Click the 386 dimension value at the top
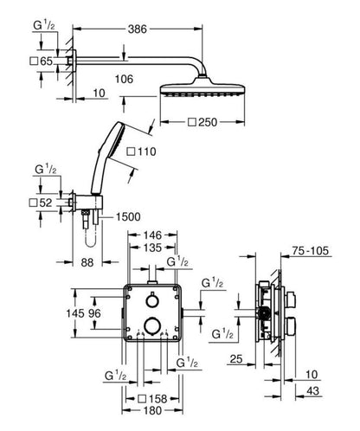click(138, 29)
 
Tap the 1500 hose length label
click(128, 216)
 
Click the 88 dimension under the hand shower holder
click(87, 262)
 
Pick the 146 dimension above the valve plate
click(152, 235)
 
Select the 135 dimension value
click(153, 248)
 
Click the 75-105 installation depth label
click(311, 251)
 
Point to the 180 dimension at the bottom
click(152, 410)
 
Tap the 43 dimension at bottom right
click(312, 391)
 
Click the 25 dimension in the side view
click(236, 359)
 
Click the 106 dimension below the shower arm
click(124, 79)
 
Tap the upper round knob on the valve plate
click(152, 301)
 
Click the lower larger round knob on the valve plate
click(152, 326)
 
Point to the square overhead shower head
click(202, 89)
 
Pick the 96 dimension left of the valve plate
click(94, 313)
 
